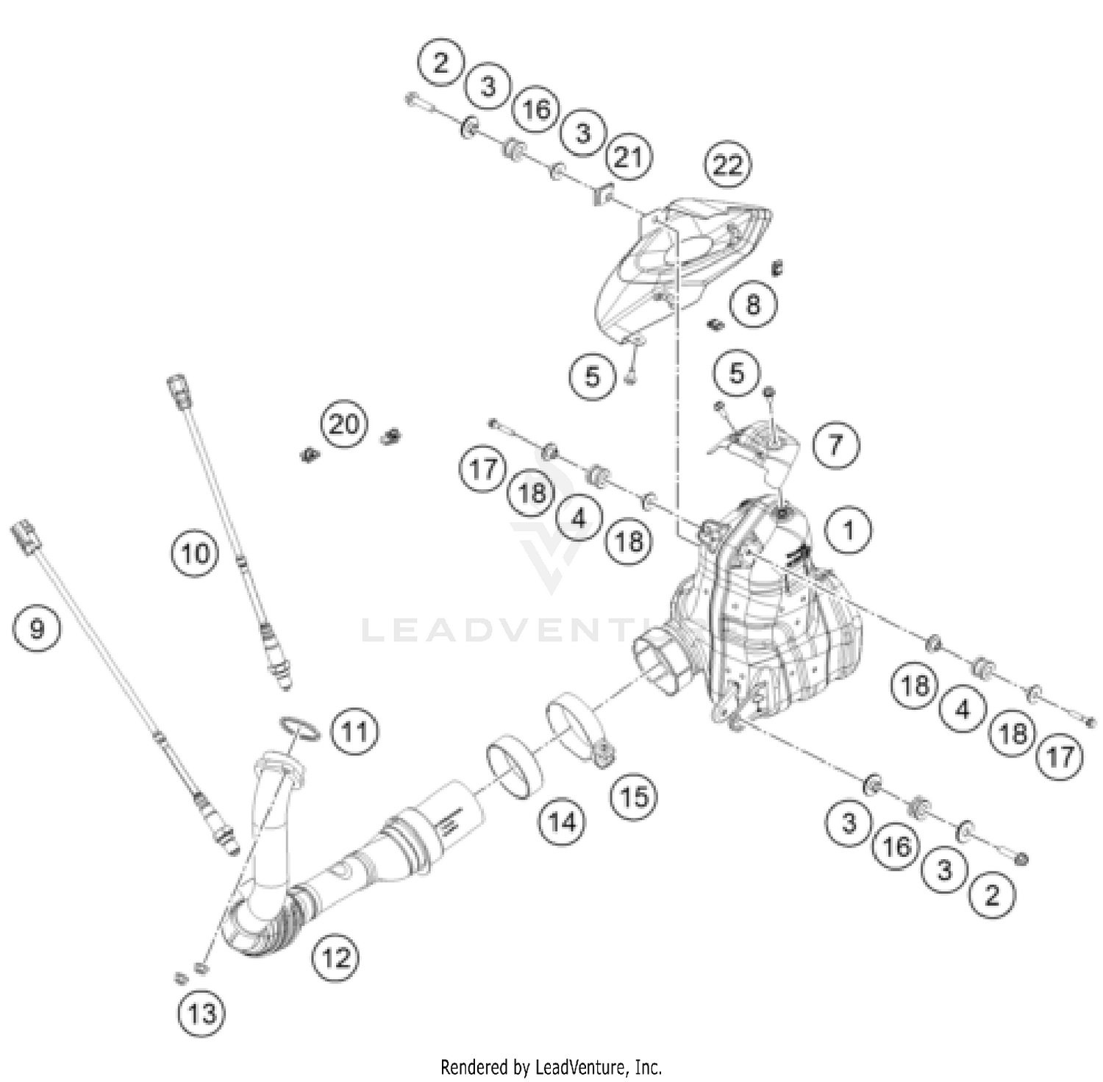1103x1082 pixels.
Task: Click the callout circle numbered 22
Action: pos(727,165)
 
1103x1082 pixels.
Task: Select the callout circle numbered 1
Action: pos(849,530)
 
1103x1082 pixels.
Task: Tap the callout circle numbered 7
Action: pos(835,445)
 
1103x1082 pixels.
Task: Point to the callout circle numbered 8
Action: pos(753,304)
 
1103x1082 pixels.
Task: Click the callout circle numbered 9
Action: pos(37,628)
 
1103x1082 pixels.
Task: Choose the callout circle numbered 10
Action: pos(195,553)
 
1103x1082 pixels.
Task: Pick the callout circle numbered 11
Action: pos(355,731)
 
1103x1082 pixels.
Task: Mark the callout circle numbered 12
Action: pos(336,958)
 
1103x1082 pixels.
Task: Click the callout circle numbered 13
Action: pos(201,1014)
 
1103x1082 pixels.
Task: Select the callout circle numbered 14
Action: pos(563,821)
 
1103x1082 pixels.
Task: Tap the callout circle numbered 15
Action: pos(635,797)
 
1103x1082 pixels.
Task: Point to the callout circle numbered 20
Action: pos(344,424)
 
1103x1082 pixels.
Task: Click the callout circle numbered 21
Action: pos(628,157)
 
